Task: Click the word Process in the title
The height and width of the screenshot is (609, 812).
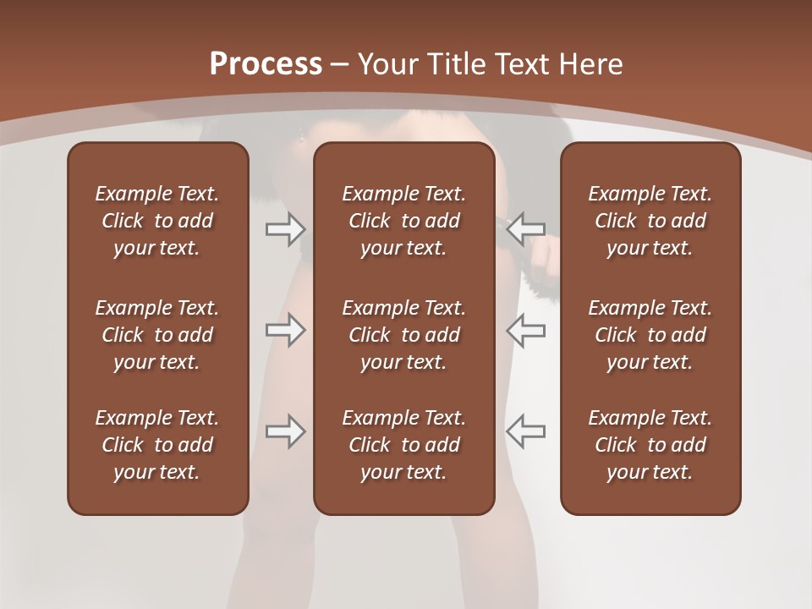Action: point(266,64)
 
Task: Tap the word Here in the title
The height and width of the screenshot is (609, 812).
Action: point(592,64)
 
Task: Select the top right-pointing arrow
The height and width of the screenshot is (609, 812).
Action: point(285,228)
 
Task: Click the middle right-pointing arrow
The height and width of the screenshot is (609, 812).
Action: point(285,330)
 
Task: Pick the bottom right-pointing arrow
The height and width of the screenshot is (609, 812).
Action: point(285,431)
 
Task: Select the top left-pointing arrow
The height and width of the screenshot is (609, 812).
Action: point(525,228)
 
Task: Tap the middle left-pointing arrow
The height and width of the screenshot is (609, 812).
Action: point(525,330)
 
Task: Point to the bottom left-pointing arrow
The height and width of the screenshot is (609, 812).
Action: point(525,431)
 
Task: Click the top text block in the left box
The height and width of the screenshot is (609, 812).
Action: point(157,221)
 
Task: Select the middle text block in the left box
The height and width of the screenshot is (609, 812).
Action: point(157,335)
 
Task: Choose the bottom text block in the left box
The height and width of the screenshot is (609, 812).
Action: point(157,445)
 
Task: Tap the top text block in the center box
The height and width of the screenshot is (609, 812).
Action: point(403,221)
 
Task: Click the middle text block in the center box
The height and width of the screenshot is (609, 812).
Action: point(403,335)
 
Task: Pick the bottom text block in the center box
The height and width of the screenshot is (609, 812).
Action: point(403,445)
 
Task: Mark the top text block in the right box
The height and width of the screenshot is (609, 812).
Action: point(650,221)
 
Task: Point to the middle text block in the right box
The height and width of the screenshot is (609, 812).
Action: point(650,335)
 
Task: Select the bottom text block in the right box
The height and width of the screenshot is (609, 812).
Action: point(650,445)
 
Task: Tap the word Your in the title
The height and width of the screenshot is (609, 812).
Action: point(387,64)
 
